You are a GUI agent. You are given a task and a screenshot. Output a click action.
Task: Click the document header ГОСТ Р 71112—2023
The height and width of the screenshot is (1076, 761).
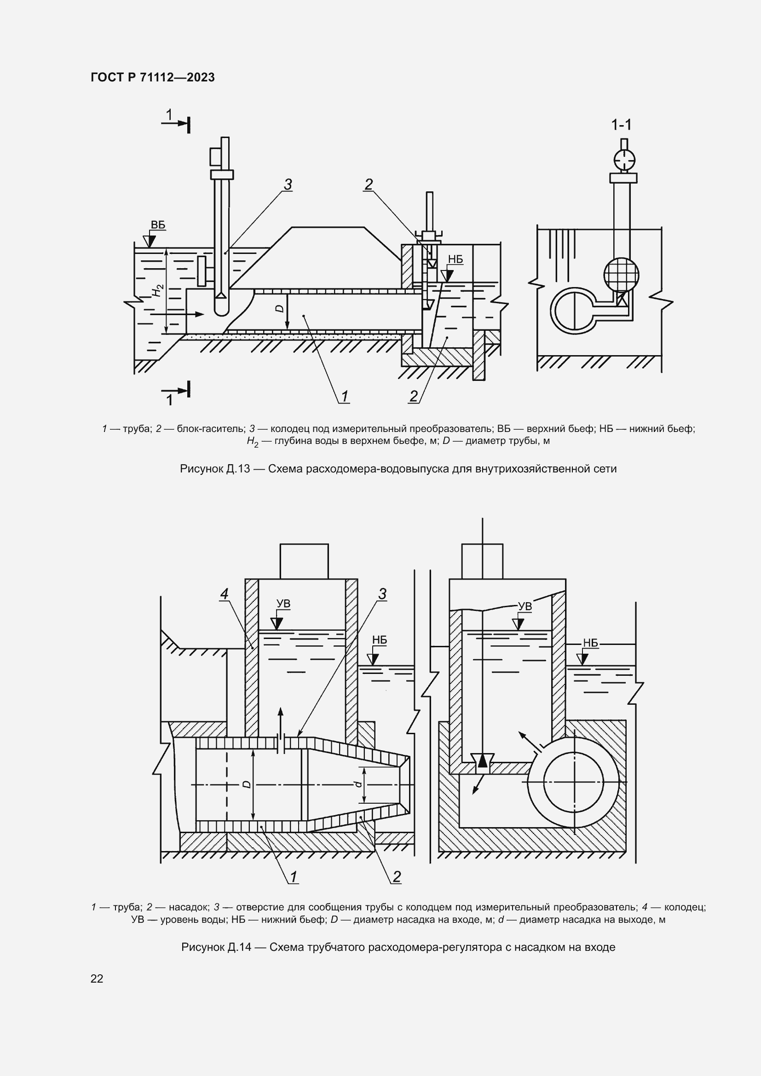(x=153, y=78)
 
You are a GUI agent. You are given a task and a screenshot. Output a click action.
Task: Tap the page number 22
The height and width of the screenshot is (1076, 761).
(x=97, y=978)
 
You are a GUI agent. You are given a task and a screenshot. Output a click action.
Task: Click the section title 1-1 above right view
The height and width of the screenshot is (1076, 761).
(x=621, y=125)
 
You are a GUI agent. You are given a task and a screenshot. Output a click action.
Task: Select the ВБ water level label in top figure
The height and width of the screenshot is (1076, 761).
(x=158, y=225)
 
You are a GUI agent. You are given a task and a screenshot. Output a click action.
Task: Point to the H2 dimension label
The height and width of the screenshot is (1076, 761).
(x=158, y=291)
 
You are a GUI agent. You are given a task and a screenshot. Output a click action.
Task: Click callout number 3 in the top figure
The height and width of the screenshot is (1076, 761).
(x=288, y=185)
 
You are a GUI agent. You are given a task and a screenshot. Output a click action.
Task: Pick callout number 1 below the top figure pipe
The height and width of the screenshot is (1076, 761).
(x=345, y=397)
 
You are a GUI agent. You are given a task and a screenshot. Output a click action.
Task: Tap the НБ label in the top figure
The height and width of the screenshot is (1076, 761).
(x=455, y=259)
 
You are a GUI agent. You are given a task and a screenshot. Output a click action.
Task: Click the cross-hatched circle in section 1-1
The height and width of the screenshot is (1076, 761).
(x=621, y=275)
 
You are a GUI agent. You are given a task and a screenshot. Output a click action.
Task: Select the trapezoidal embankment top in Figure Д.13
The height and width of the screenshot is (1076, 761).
(x=328, y=228)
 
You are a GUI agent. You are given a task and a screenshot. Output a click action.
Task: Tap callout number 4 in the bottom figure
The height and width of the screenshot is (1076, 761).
(x=225, y=594)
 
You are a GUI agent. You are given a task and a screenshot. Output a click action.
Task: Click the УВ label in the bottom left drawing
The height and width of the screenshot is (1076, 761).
(x=283, y=604)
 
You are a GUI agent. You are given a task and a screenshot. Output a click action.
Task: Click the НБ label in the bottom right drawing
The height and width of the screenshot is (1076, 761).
(x=590, y=644)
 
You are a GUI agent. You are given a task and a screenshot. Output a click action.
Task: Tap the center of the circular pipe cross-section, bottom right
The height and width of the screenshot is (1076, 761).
(x=574, y=782)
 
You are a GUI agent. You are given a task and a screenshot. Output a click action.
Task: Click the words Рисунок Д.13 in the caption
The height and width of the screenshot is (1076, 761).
(x=214, y=469)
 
